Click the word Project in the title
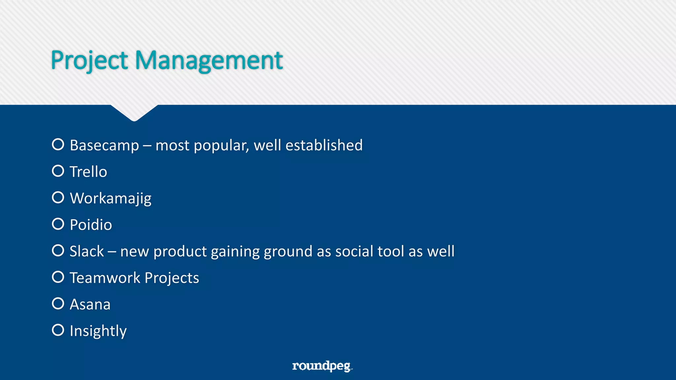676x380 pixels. pyautogui.click(x=89, y=60)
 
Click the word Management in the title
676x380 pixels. pyautogui.click(x=209, y=60)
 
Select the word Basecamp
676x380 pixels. pyautogui.click(x=104, y=145)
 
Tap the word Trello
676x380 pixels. pyautogui.click(x=88, y=172)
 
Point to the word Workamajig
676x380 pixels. pyautogui.click(x=111, y=199)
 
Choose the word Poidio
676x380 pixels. pyautogui.click(x=91, y=225)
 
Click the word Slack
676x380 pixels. pyautogui.click(x=87, y=251)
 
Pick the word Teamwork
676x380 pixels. pyautogui.click(x=105, y=278)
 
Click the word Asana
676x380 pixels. pyautogui.click(x=90, y=304)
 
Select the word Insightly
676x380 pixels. pyautogui.click(x=98, y=331)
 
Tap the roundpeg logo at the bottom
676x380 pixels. pyautogui.click(x=322, y=366)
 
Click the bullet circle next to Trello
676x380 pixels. pyautogui.click(x=58, y=171)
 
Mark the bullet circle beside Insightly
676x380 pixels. pyautogui.click(x=58, y=330)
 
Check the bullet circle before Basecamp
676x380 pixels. pyautogui.click(x=58, y=144)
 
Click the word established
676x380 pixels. pyautogui.click(x=324, y=145)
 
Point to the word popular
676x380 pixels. pyautogui.click(x=221, y=145)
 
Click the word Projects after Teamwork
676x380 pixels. pyautogui.click(x=172, y=278)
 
